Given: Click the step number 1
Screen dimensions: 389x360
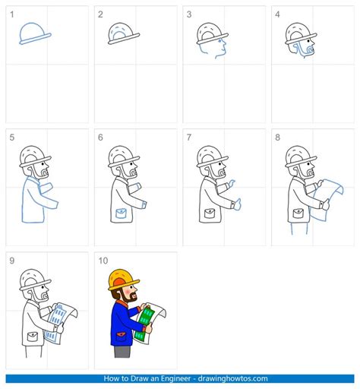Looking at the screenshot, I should (x=11, y=14).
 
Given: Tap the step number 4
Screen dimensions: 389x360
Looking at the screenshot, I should (x=278, y=14).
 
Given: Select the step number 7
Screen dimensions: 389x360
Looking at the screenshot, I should (x=189, y=137).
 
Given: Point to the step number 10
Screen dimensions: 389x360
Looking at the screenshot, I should (x=103, y=260).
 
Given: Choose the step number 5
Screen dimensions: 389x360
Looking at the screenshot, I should (x=11, y=137).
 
